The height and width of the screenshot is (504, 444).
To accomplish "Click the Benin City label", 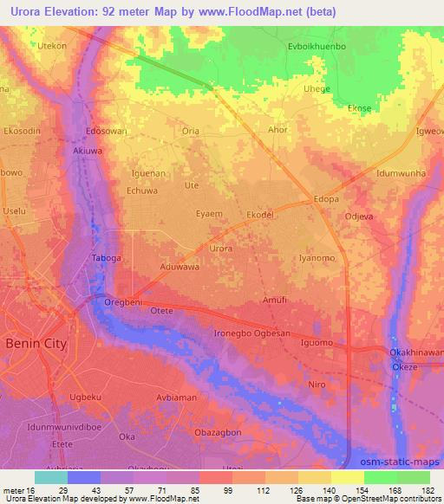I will (36, 343).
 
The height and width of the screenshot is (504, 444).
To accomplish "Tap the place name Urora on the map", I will (221, 249).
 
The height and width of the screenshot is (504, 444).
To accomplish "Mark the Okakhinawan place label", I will (415, 352).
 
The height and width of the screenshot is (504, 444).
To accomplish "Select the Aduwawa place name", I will (179, 268).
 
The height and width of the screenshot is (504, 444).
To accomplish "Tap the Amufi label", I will (273, 300).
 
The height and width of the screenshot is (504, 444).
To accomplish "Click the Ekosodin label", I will (22, 130).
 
